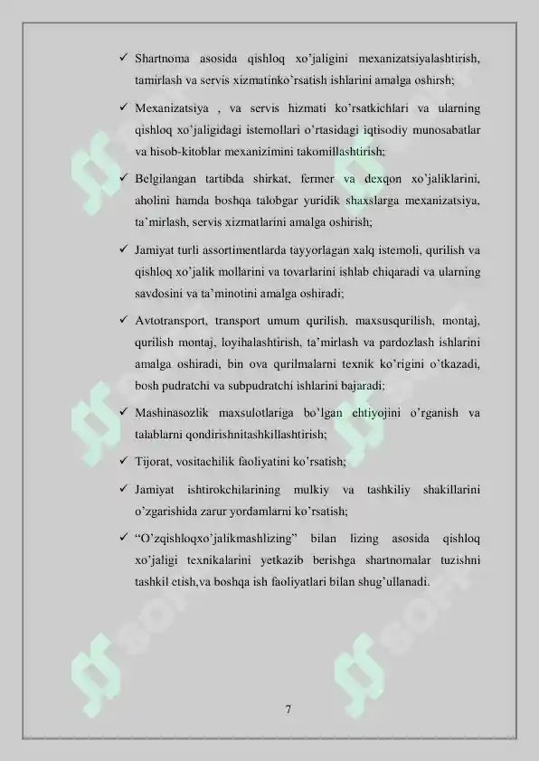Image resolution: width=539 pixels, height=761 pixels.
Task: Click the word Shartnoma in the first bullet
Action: (161, 61)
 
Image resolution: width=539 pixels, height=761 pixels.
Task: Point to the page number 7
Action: (288, 709)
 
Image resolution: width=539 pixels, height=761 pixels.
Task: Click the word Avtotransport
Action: (172, 321)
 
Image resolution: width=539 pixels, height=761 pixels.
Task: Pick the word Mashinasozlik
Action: (173, 414)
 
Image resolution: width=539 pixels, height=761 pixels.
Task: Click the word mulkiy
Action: (313, 490)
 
